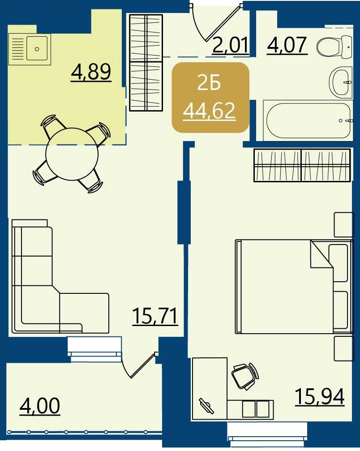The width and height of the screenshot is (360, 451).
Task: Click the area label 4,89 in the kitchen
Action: (x=91, y=72)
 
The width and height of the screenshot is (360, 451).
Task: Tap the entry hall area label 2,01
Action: (x=231, y=45)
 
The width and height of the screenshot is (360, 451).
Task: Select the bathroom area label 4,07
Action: (x=287, y=45)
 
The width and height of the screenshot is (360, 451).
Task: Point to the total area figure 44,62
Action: (x=210, y=111)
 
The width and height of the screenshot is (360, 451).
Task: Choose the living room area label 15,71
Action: (x=155, y=316)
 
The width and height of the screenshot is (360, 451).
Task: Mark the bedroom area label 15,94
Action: (x=320, y=396)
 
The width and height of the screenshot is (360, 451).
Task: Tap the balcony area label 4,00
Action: (x=40, y=406)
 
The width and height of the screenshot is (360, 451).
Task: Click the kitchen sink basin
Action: (x=37, y=48)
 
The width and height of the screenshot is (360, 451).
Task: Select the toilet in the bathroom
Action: (x=334, y=46)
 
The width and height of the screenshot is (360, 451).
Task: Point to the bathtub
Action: (x=308, y=120)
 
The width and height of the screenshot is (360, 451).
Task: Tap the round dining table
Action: (x=72, y=154)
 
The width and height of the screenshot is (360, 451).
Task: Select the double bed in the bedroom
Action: (x=294, y=287)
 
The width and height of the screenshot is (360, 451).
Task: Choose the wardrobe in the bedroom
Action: (x=302, y=165)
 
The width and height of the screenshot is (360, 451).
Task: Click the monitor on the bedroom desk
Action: (x=206, y=406)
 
